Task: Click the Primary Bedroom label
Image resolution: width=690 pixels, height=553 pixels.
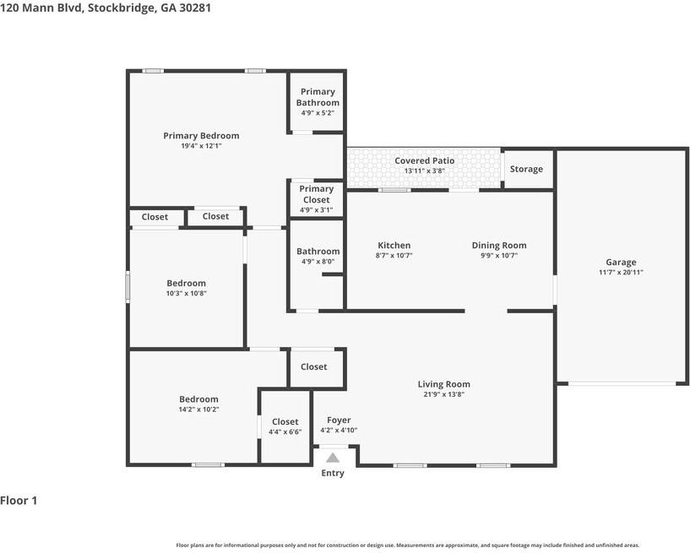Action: [x=201, y=135]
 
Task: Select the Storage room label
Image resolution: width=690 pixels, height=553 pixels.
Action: [x=526, y=169]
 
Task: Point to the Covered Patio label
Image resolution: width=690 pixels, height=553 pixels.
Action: [x=424, y=160]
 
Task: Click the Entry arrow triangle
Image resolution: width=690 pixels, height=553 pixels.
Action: [x=333, y=458]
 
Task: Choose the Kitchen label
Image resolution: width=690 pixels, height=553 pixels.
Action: [x=394, y=246]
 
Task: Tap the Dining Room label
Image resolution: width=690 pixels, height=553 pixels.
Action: [x=498, y=246]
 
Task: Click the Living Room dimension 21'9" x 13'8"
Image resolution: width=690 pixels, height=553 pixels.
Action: [x=444, y=394]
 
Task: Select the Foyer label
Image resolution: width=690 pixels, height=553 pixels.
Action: [x=339, y=420]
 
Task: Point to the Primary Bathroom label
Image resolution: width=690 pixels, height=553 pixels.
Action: [x=318, y=97]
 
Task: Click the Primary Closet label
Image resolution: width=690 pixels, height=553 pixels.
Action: [x=317, y=194]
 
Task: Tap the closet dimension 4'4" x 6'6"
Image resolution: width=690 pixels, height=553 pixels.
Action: [x=285, y=431]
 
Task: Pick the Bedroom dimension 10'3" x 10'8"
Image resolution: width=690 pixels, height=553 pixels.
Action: [x=186, y=293]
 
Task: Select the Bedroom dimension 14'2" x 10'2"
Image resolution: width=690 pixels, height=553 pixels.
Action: [x=198, y=409]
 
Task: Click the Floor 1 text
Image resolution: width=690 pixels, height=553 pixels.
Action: [x=19, y=501]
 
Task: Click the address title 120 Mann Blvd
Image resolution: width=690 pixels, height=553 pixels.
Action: [x=106, y=8]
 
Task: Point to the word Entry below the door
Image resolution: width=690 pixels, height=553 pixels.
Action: [x=333, y=473]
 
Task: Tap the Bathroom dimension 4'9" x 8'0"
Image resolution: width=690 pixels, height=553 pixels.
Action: [x=318, y=261]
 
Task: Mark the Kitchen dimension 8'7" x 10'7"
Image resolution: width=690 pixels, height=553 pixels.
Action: [x=394, y=256]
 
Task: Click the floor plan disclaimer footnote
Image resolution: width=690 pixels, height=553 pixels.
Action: [x=407, y=545]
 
